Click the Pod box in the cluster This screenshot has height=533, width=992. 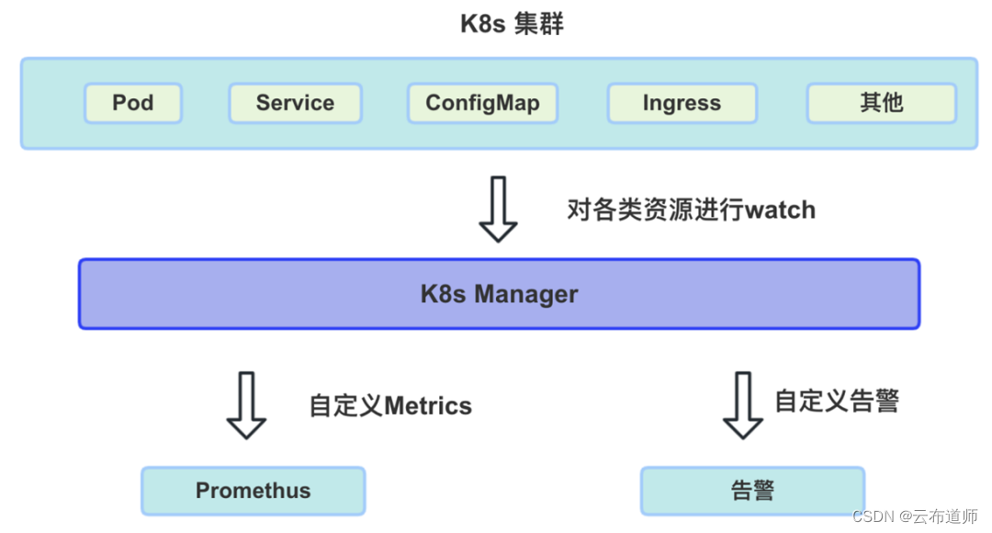tap(133, 103)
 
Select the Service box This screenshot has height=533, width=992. tap(295, 103)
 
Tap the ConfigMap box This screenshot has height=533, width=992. tap(482, 103)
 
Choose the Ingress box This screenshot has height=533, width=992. tap(682, 103)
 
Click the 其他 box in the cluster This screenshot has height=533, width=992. tap(881, 103)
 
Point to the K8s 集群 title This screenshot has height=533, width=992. tap(512, 24)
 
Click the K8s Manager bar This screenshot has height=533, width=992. tap(499, 294)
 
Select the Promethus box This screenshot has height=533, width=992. tap(253, 491)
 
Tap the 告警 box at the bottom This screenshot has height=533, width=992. tap(752, 491)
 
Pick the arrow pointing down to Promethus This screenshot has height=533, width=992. tap(246, 405)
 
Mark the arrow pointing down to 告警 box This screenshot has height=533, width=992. tap(743, 405)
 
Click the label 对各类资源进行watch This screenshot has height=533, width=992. tap(691, 210)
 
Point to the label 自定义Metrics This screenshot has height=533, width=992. tap(390, 406)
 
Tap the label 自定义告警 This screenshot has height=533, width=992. tap(837, 401)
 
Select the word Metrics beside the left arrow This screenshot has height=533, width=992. tap(428, 406)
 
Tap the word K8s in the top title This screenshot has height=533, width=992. tap(483, 24)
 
